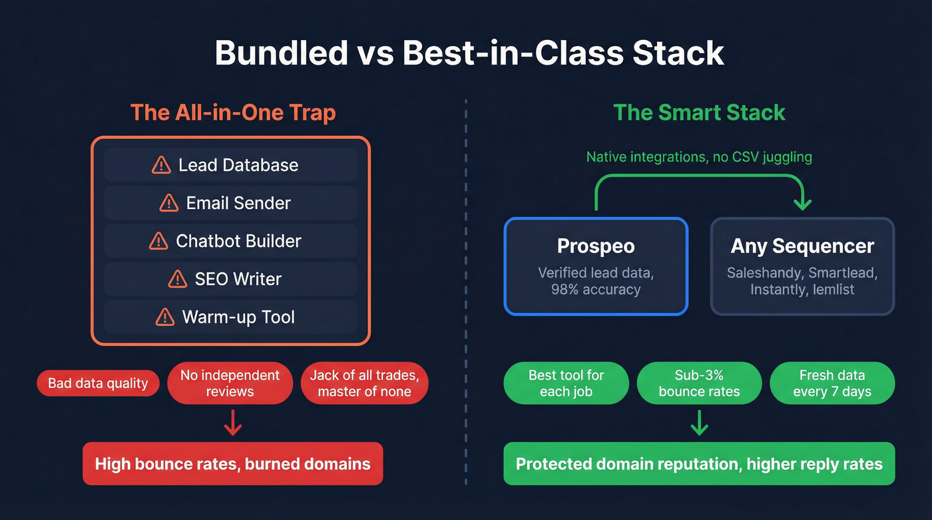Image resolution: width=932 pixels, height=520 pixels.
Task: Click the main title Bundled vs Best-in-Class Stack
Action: (x=469, y=53)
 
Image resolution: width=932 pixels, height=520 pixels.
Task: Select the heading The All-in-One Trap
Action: (x=233, y=112)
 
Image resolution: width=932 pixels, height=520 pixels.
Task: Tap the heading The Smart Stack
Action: (x=699, y=112)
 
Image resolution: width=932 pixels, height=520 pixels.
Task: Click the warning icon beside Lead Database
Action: (x=161, y=165)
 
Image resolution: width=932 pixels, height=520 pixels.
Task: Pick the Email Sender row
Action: (x=230, y=203)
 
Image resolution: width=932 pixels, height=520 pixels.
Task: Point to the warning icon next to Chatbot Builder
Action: (x=158, y=241)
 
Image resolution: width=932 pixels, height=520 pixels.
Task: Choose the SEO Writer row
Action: (x=230, y=279)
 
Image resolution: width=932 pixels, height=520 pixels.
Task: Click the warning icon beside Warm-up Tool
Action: (x=164, y=317)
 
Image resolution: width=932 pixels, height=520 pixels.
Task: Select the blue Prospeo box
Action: (x=596, y=266)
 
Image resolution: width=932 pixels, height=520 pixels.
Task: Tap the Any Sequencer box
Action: (x=802, y=266)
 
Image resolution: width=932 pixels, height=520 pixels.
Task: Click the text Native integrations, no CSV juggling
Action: (x=699, y=157)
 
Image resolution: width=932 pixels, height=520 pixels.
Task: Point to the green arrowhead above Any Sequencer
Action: (x=802, y=203)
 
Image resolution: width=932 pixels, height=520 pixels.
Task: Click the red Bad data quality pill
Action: (x=98, y=384)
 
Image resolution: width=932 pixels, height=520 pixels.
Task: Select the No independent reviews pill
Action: (x=230, y=384)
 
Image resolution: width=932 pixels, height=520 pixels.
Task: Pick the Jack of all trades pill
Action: (x=364, y=384)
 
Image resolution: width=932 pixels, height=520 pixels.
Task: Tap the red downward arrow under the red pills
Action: (x=232, y=423)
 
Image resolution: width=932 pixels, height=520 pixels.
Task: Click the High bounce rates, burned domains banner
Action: (x=232, y=463)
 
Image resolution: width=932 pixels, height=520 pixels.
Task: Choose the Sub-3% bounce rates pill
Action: (x=699, y=384)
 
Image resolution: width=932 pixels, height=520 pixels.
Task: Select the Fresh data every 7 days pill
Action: (x=832, y=384)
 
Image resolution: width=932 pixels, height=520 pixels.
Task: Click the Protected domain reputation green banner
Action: (x=699, y=463)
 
